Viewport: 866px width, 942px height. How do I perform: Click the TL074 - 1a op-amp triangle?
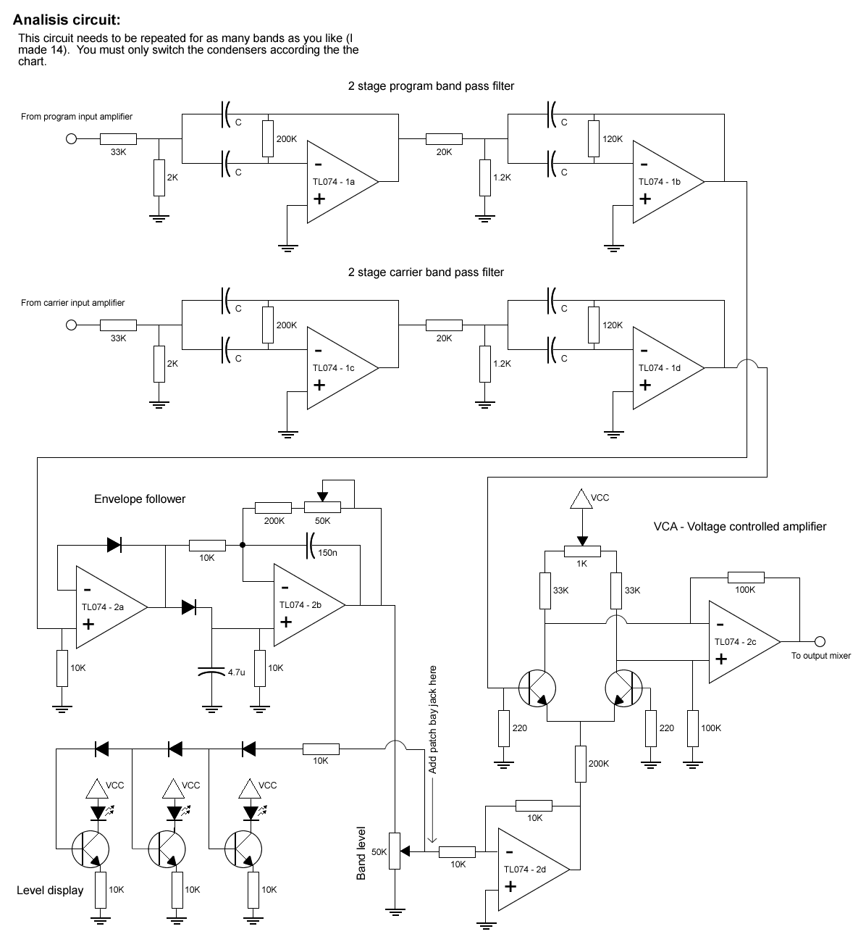coord(337,182)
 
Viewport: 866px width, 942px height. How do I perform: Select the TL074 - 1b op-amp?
coord(663,182)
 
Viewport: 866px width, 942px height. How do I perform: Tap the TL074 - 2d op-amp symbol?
coord(528,869)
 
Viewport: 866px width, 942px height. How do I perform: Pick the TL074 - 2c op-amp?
coord(739,642)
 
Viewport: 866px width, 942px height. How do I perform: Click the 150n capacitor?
coord(311,543)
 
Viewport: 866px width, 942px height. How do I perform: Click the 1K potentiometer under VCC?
coord(579,551)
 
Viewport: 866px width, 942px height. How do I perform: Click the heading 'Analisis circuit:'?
coord(67,20)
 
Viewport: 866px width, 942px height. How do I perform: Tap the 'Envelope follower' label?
coord(140,499)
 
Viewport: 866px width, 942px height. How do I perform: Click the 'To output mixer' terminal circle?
coord(820,641)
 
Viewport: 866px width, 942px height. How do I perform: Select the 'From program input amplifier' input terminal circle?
coord(71,140)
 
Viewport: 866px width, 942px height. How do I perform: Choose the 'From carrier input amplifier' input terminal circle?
coord(71,325)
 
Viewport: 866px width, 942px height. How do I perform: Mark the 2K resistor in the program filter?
coord(159,178)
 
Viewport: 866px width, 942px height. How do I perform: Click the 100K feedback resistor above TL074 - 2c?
coord(745,578)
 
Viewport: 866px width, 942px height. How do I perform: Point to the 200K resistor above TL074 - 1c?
coord(268,325)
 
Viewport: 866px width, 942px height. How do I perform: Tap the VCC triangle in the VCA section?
coord(579,499)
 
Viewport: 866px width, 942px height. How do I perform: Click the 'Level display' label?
coord(50,891)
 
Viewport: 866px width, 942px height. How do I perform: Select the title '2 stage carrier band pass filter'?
coord(426,272)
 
